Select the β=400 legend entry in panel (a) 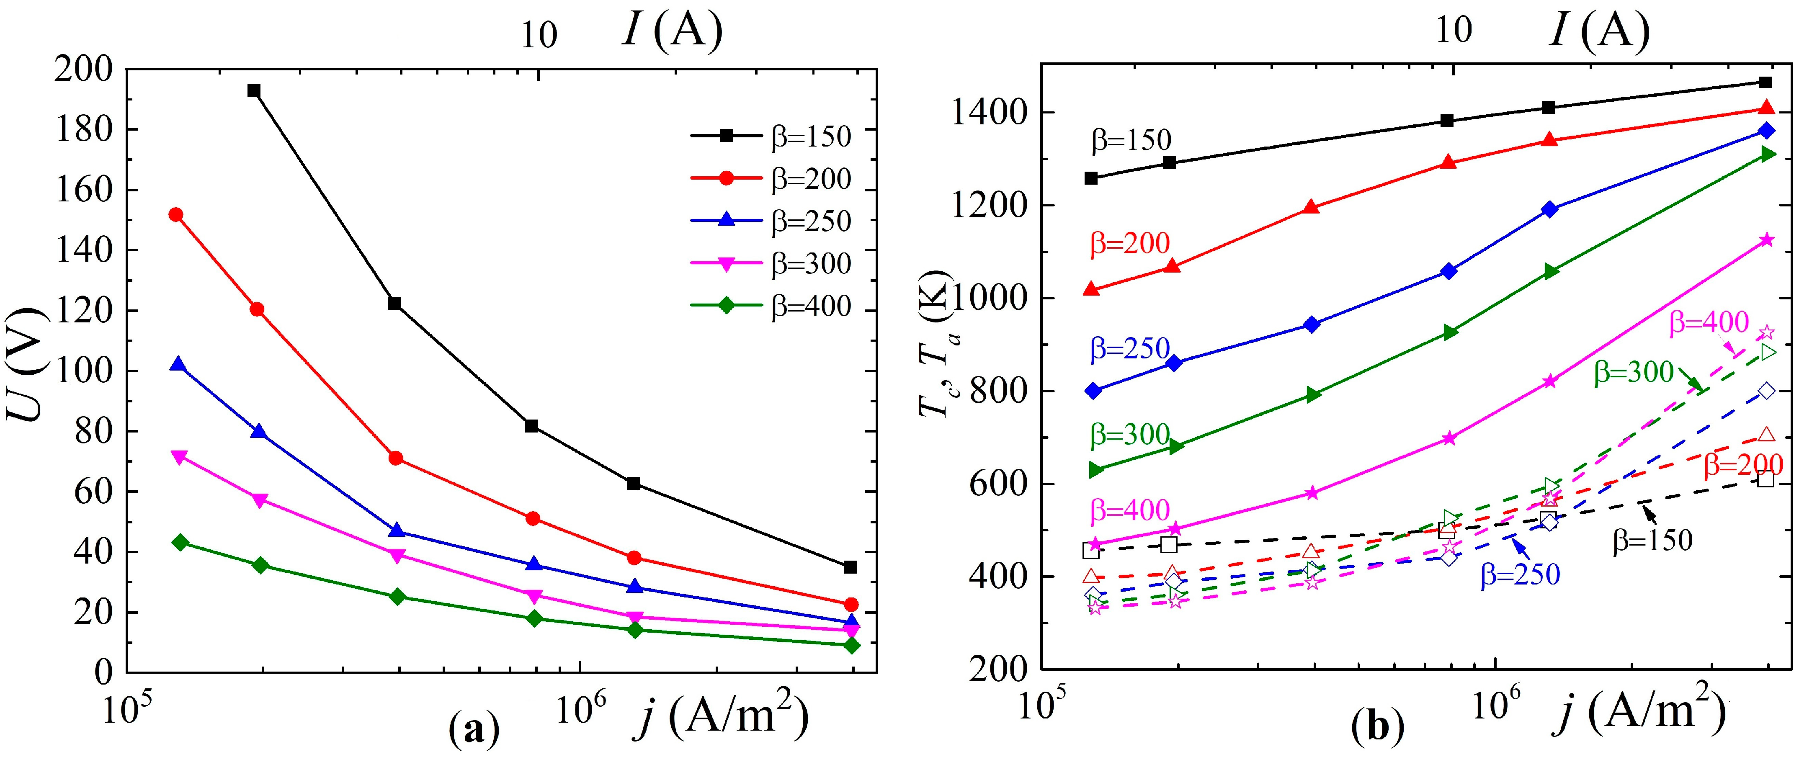pos(772,306)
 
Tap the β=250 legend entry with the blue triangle pos(772,221)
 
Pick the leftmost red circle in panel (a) pos(176,214)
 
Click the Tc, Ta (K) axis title pos(934,342)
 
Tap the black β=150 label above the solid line pos(1131,140)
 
